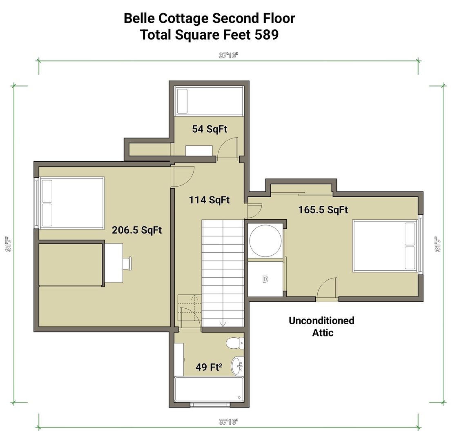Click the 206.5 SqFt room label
tap(137, 230)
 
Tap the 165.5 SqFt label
tap(323, 210)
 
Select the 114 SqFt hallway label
tap(209, 200)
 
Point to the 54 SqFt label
tap(210, 129)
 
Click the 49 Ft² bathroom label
tap(209, 367)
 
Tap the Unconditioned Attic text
tap(321, 326)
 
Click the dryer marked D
tap(265, 279)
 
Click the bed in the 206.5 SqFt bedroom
tap(71, 203)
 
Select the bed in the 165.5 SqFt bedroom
tap(386, 246)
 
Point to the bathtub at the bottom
tap(209, 389)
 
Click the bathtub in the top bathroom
tap(209, 100)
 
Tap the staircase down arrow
tap(223, 324)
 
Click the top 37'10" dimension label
tap(228, 56)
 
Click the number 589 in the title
tap(267, 35)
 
